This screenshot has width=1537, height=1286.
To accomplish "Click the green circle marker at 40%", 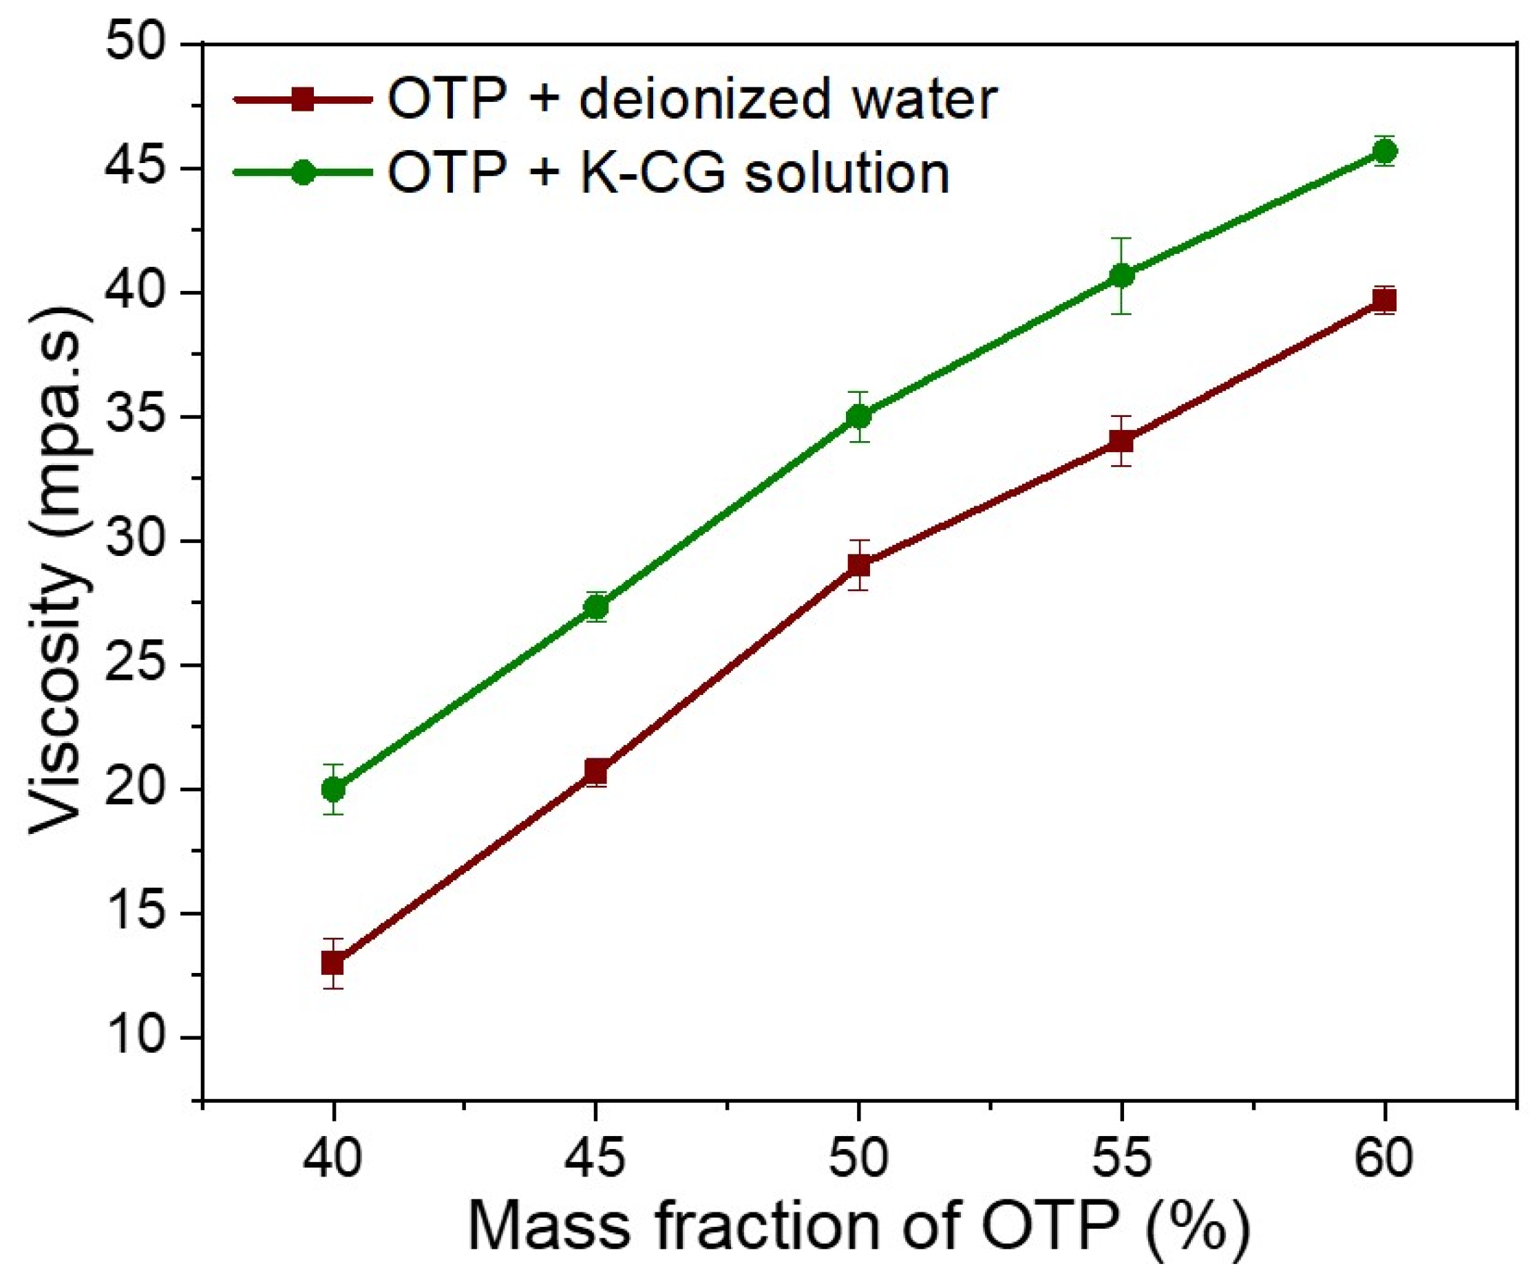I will tap(333, 789).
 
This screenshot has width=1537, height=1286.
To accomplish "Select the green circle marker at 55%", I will tap(1121, 276).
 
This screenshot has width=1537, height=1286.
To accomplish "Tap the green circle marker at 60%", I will tap(1384, 151).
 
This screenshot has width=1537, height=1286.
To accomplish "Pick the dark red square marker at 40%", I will tap(333, 963).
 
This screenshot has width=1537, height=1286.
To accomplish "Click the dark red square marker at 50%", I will tap(858, 565).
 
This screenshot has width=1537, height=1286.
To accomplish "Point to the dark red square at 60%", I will tap(1384, 300).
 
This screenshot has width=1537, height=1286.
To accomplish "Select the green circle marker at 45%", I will tap(597, 606).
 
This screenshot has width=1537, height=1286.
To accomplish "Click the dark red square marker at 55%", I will tap(1121, 441).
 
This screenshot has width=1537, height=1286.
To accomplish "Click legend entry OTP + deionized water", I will tap(692, 99).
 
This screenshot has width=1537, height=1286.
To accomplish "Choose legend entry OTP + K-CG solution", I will tap(668, 173).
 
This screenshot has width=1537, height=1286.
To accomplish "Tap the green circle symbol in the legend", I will tap(303, 173).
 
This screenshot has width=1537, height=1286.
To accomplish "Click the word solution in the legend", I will tap(847, 173).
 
